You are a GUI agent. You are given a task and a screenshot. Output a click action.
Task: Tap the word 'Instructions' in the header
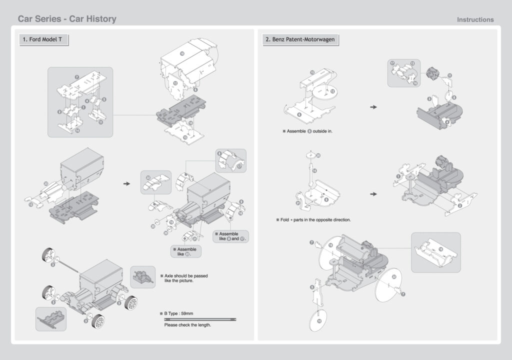pyautogui.click(x=475, y=19)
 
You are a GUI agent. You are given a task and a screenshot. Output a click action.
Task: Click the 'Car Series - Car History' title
pyautogui.click(x=67, y=19)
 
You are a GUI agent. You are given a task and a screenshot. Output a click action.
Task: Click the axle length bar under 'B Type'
pyautogui.click(x=200, y=319)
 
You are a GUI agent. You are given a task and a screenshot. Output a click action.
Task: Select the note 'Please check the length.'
pyautogui.click(x=187, y=325)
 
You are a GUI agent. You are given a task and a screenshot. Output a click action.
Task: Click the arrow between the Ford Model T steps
pyautogui.click(x=126, y=184)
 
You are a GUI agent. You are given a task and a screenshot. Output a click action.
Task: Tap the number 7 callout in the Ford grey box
pyautogui.click(x=76, y=77)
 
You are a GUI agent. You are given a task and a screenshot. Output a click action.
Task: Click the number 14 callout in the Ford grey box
pyautogui.click(x=77, y=130)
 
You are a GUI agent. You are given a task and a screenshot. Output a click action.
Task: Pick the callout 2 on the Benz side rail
pyautogui.click(x=459, y=205)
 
